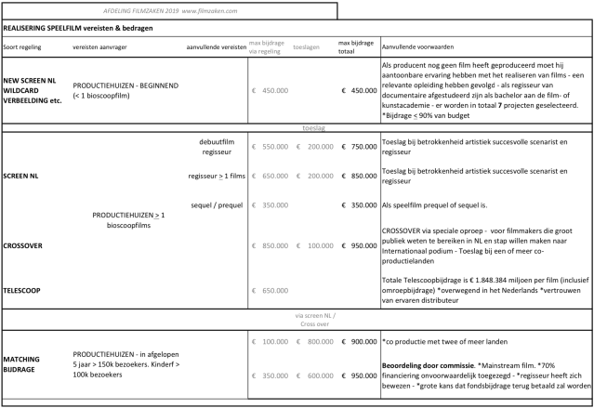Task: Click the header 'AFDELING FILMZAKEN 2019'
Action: coord(127,11)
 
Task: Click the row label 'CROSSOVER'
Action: coord(23,245)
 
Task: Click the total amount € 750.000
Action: coord(358,147)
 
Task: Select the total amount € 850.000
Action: coord(358,175)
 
